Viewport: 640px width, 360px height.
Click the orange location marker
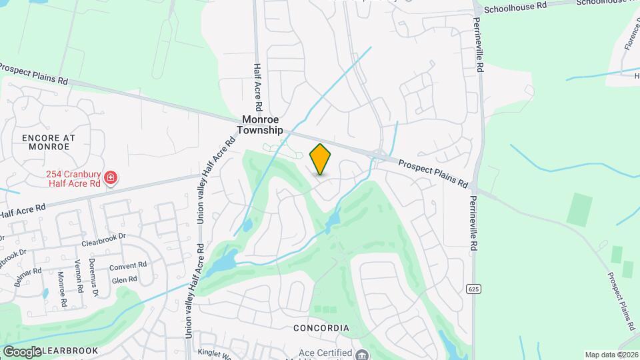point(321,159)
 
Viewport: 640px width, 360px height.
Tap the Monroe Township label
point(261,125)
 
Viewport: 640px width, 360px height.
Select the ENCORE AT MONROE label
point(48,142)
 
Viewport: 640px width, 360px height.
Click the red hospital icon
point(111,178)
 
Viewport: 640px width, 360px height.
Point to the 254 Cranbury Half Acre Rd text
point(73,179)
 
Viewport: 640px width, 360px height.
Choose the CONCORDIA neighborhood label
point(321,328)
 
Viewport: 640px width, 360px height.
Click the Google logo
point(21,351)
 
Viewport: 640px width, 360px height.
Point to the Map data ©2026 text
point(611,355)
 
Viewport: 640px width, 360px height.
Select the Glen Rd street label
point(125,280)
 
